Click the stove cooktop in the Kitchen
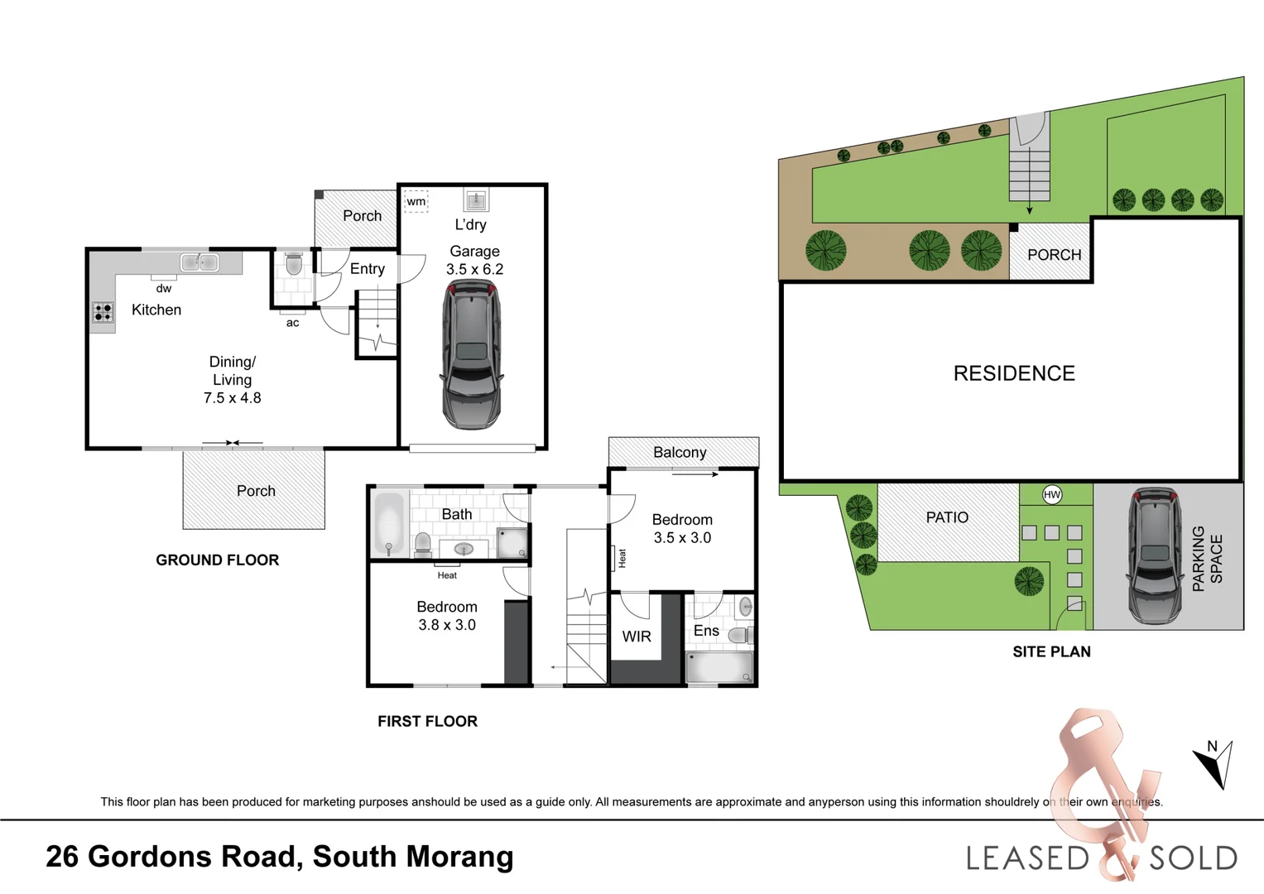coord(103,312)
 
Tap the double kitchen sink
coord(199,262)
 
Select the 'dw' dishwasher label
coord(164,289)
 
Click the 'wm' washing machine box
coord(416,201)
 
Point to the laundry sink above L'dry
coord(476,199)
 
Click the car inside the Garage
coord(471,354)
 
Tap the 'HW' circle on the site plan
coord(1052,495)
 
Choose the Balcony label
coord(680,452)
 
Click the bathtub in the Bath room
coord(389,522)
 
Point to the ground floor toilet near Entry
coord(293,265)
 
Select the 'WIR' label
coord(637,637)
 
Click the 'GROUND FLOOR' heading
coord(218,560)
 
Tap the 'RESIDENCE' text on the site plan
coord(1014,373)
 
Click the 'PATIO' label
coord(947,517)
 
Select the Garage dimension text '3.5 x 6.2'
coord(474,269)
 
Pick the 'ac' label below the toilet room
coord(293,323)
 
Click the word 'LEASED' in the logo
coord(1028,858)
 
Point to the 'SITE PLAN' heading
coord(1051,651)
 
